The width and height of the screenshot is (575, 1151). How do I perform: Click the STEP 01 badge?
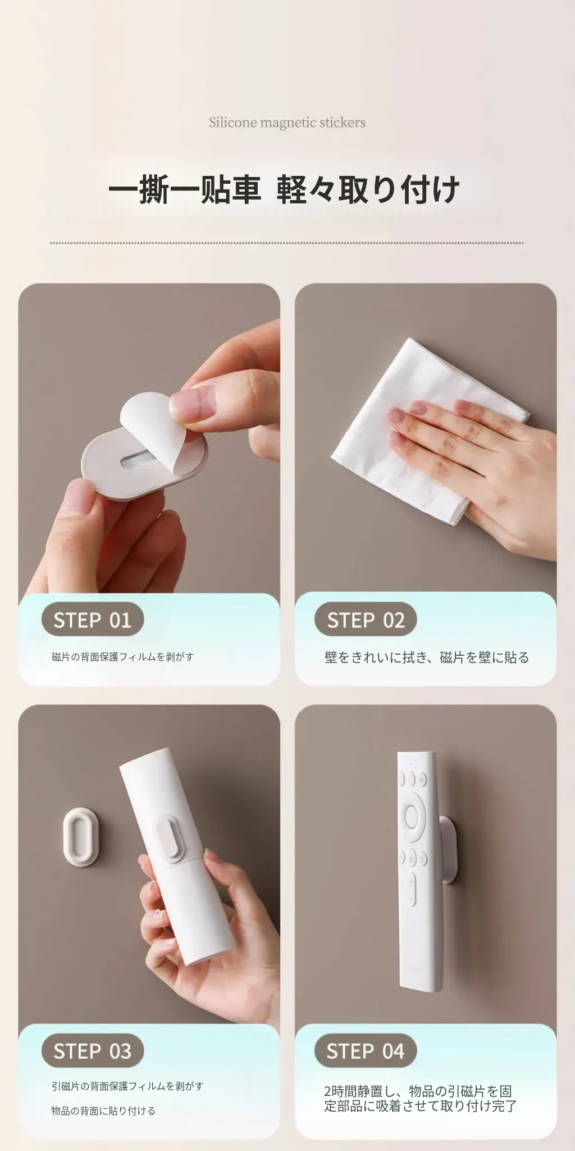click(x=93, y=620)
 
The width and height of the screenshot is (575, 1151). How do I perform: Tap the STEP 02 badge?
click(x=366, y=620)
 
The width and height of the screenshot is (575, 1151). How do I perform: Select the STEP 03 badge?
click(x=93, y=1050)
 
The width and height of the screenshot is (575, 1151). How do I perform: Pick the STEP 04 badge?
click(x=366, y=1050)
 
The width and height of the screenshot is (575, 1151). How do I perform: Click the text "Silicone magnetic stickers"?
click(x=287, y=123)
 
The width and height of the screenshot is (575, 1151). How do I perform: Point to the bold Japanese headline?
click(x=284, y=189)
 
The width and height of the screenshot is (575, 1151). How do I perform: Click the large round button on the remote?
click(x=412, y=815)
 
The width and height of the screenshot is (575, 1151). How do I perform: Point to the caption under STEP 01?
click(x=123, y=656)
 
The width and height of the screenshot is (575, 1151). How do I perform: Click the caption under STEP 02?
click(x=427, y=658)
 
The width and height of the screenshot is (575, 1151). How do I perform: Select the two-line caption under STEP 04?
click(x=420, y=1099)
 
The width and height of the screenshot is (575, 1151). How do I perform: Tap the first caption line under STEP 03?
click(x=127, y=1086)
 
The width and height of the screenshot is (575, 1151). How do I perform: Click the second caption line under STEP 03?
click(x=103, y=1111)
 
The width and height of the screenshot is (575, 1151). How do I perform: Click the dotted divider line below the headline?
click(x=287, y=243)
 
